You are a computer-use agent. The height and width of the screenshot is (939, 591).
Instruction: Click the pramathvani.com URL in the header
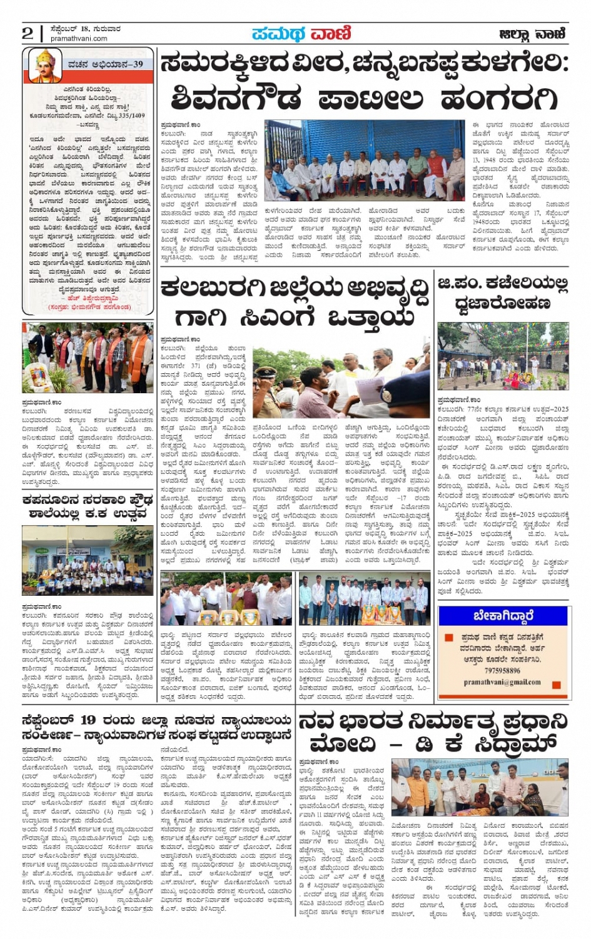tap(79, 39)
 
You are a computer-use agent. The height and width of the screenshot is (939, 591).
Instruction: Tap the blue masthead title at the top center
tap(301, 33)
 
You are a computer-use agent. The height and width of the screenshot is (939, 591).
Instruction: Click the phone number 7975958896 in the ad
tap(502, 671)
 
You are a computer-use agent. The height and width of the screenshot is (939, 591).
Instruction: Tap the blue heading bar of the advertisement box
tap(503, 616)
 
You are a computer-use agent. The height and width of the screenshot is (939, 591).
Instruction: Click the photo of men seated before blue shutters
tap(365, 161)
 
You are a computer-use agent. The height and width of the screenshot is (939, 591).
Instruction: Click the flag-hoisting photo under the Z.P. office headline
tap(503, 356)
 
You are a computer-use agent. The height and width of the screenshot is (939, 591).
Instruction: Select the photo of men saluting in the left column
tap(88, 358)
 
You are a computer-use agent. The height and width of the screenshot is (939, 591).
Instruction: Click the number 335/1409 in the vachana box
tap(129, 116)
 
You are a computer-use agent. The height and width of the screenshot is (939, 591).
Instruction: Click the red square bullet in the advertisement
tap(448, 638)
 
